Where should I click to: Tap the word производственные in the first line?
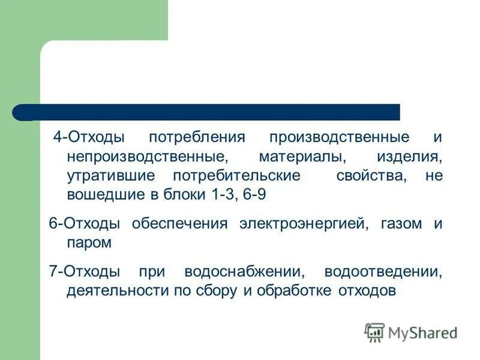pos(340,137)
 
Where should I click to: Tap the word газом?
pos(399,224)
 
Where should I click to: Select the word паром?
pos(89,244)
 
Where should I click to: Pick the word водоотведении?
pos(382,272)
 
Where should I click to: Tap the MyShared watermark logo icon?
pos(374,332)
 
